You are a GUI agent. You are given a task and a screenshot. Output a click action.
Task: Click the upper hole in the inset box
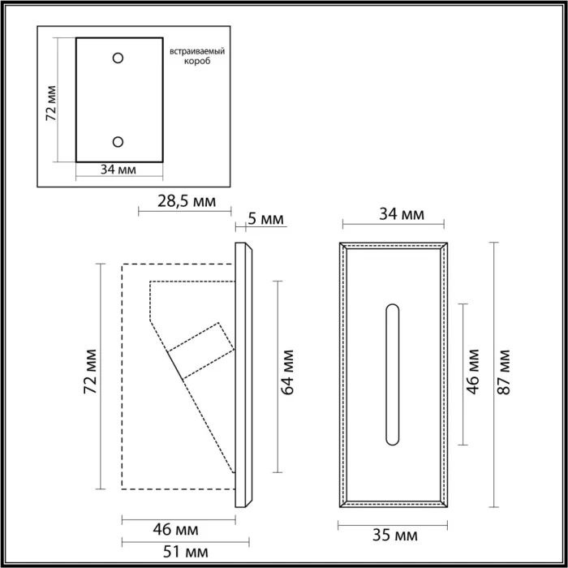coord(118,58)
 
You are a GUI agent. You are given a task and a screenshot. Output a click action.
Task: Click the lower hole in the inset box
coord(118,142)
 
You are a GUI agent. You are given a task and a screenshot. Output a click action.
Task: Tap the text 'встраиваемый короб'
coord(196,57)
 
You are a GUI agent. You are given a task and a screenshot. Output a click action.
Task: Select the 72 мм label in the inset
coord(50,102)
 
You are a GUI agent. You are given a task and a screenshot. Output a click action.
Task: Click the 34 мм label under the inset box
coord(118,170)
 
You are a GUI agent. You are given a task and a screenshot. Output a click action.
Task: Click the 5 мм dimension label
coord(265,218)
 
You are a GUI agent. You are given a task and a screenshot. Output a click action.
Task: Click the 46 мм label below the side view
coord(176,530)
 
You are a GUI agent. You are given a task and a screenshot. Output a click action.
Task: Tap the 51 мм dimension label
coord(176,553)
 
